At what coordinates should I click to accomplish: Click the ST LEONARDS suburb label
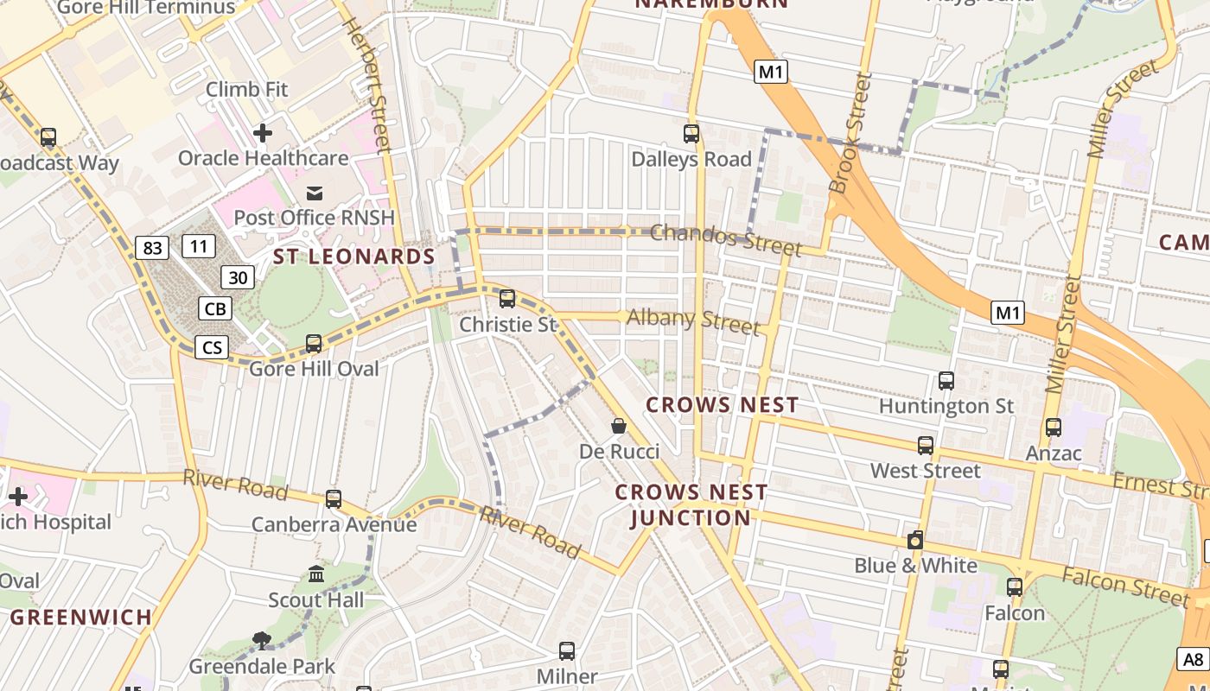[354, 257]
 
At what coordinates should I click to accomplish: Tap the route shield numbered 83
[151, 249]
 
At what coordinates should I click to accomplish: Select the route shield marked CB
[215, 309]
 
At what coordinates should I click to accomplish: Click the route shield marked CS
[212, 348]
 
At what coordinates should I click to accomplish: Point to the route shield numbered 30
[238, 277]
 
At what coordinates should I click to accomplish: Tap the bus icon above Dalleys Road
[691, 134]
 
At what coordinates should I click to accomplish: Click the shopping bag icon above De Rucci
[619, 425]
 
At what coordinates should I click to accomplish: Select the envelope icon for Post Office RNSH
[314, 192]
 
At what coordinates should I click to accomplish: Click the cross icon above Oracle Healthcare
[263, 133]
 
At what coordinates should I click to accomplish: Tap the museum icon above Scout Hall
[316, 574]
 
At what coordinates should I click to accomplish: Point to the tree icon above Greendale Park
[262, 640]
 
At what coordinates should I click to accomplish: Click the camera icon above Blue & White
[915, 541]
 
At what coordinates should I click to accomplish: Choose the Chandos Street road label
[725, 239]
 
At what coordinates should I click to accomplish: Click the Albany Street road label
[692, 321]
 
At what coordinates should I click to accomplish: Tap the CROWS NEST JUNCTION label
[691, 505]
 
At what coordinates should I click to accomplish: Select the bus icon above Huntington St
[946, 380]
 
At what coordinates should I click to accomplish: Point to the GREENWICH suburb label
[81, 618]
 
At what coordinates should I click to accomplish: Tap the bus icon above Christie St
[507, 299]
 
